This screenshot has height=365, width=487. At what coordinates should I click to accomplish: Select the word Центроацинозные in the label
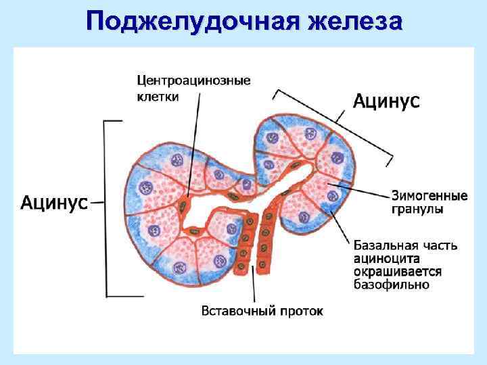pyautogui.click(x=193, y=80)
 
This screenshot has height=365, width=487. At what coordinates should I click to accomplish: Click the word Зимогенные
pyautogui.click(x=430, y=196)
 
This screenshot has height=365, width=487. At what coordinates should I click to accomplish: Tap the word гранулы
pyautogui.click(x=418, y=209)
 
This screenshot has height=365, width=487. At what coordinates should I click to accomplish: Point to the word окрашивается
pyautogui.click(x=398, y=271)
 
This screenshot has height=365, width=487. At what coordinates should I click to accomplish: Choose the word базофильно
pyautogui.click(x=392, y=284)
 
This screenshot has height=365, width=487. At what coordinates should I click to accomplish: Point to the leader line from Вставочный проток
pyautogui.click(x=254, y=284)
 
